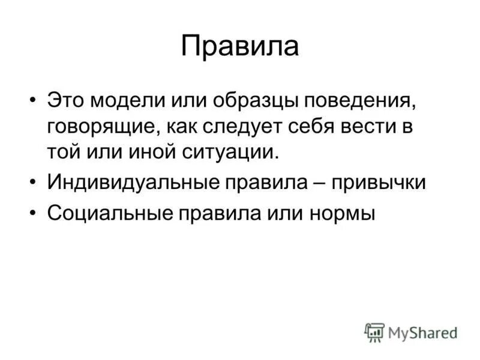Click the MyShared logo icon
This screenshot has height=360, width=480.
[x=374, y=332]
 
